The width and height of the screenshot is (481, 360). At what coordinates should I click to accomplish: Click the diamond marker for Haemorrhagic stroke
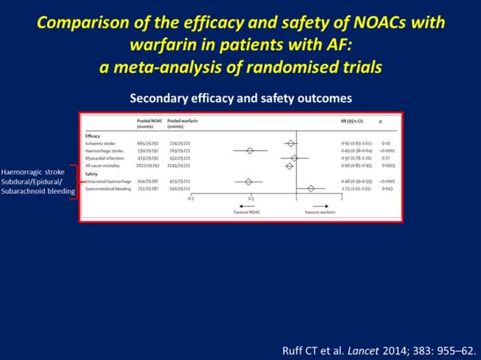click(250, 150)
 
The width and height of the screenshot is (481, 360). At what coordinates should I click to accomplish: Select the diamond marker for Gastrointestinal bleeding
click(311, 188)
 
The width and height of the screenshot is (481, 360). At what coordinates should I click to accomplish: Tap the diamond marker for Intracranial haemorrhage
click(248, 181)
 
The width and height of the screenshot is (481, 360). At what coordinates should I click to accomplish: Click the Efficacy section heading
click(92, 135)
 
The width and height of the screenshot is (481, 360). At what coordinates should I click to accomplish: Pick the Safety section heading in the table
click(90, 173)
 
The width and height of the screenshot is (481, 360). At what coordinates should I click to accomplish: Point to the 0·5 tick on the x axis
click(251, 197)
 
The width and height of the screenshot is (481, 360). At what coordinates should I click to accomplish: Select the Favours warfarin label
click(320, 213)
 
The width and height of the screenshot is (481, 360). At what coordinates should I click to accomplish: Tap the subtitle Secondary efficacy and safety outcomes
click(240, 96)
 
